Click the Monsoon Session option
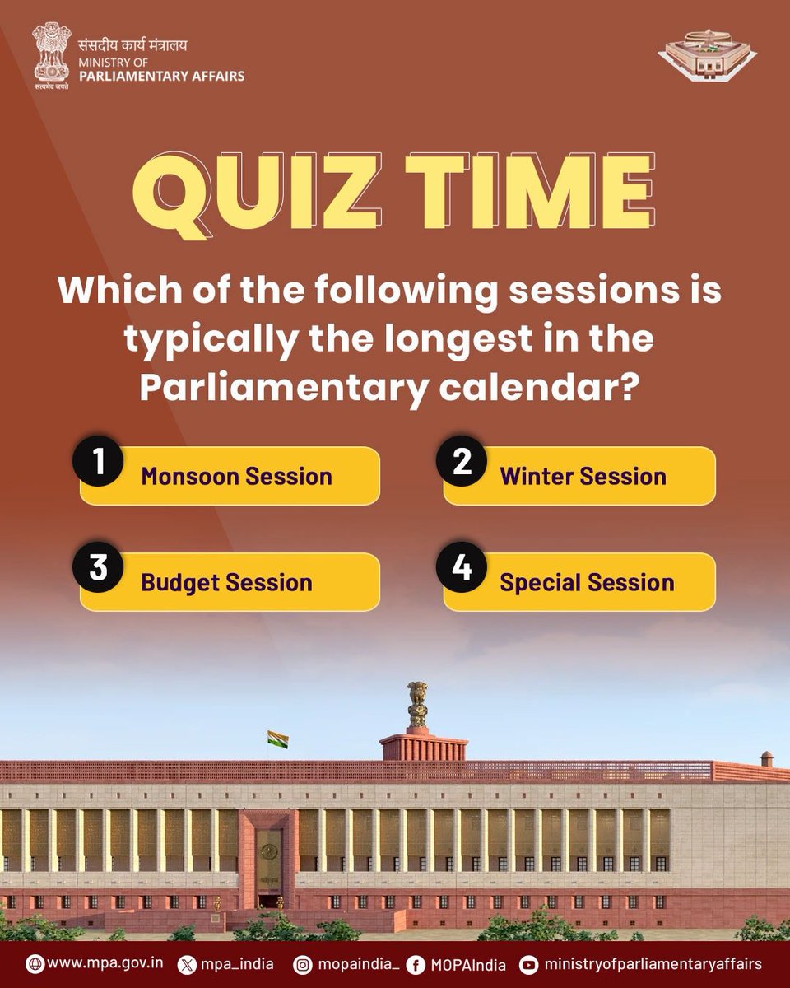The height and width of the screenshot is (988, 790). [235, 476]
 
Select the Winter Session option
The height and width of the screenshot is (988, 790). [583, 476]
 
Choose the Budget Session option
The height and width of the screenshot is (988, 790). [226, 582]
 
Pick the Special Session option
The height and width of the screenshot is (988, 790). [587, 582]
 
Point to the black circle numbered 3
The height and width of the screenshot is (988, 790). [99, 568]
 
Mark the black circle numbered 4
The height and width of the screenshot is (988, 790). [462, 568]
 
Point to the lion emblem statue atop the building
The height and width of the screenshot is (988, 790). [418, 704]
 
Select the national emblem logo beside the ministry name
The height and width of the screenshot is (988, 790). [51, 54]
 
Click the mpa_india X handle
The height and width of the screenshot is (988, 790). [236, 963]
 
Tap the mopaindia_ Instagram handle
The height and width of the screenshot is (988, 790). [352, 963]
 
